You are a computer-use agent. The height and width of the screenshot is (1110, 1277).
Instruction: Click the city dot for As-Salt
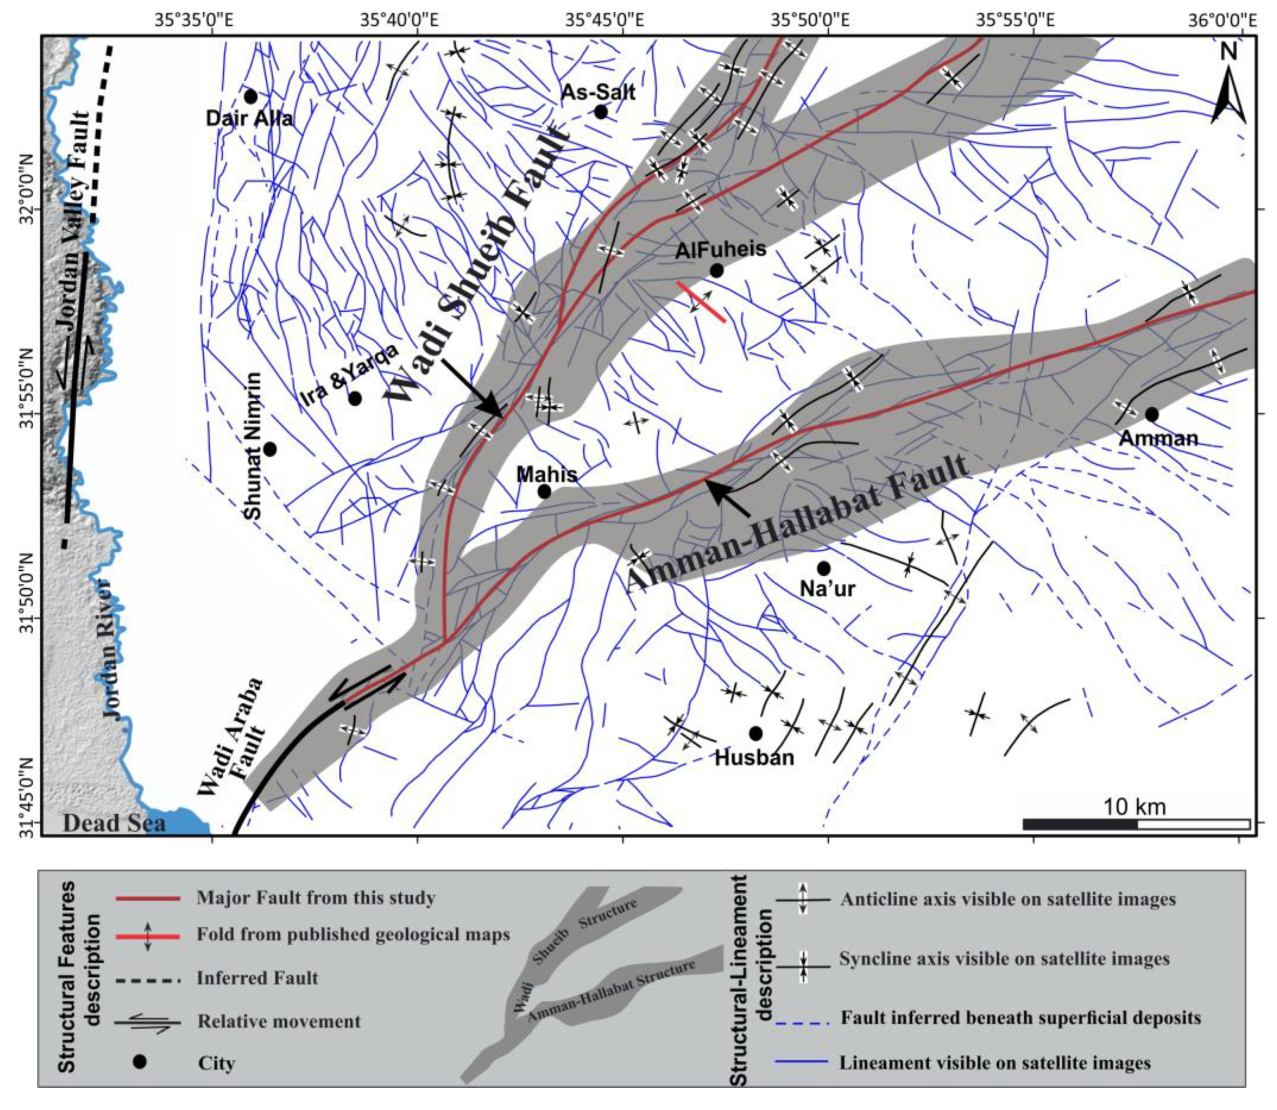600,112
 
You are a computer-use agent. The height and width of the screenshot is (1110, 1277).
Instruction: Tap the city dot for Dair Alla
250,97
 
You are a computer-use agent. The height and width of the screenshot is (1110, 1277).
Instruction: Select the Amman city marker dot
1151,414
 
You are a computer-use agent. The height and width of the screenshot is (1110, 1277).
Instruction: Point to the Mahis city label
546,475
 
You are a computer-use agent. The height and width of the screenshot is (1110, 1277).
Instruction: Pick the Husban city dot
755,733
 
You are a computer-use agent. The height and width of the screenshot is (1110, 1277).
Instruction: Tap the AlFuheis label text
720,250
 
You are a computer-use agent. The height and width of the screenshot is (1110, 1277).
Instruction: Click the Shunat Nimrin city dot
269,449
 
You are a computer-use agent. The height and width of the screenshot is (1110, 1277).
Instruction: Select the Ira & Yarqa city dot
355,398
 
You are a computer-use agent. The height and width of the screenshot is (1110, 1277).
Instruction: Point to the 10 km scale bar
1136,824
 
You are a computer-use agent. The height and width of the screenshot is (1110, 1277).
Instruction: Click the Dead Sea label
114,823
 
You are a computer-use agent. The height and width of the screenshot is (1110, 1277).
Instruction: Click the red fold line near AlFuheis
701,302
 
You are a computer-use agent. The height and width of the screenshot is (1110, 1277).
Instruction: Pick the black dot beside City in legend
140,1062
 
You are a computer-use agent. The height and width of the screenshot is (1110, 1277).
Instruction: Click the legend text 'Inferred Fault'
257,979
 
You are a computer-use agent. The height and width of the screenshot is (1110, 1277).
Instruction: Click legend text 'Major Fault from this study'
316,898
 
